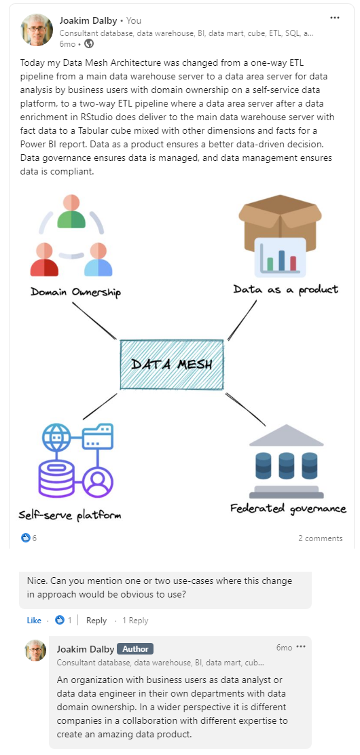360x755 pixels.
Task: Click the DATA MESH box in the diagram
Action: (172, 365)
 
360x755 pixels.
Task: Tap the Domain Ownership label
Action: (75, 292)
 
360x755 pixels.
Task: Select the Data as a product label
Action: (286, 289)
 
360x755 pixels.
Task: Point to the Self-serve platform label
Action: (70, 515)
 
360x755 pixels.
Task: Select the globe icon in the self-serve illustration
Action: (56, 437)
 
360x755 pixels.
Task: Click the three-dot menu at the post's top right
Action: (334, 18)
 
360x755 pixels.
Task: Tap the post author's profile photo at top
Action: (37, 30)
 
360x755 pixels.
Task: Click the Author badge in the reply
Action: (135, 648)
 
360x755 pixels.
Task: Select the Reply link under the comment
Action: (96, 620)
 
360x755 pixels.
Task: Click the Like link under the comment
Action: (34, 620)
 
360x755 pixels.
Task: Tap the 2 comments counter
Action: (320, 538)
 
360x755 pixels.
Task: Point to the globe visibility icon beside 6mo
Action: (89, 44)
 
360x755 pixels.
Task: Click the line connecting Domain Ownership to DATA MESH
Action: (94, 320)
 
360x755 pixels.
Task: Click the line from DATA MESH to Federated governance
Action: (245, 409)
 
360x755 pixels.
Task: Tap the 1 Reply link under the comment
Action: (135, 620)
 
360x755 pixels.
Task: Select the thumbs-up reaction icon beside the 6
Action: (26, 538)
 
